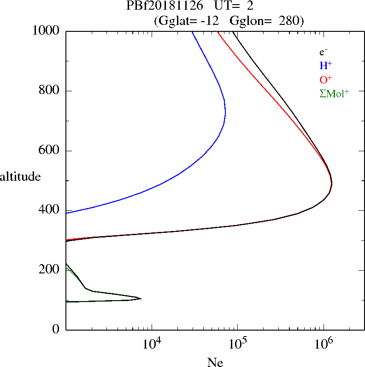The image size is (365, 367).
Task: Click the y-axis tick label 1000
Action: coord(46,31)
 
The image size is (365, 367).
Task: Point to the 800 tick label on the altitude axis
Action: coord(49,91)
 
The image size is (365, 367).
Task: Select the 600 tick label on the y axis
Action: coord(49,151)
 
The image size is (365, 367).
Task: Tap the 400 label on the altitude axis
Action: coord(49,210)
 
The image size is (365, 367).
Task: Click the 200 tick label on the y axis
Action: coord(49,270)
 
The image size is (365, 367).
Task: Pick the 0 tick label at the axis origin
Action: coord(56,329)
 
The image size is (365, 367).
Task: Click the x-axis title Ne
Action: coord(214,362)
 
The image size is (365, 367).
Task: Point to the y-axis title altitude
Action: coord(20,176)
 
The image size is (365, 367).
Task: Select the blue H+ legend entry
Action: coord(325,65)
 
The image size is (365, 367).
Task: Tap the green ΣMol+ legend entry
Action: coord(334,93)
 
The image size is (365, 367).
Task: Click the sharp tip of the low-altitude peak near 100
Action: coord(141,299)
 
